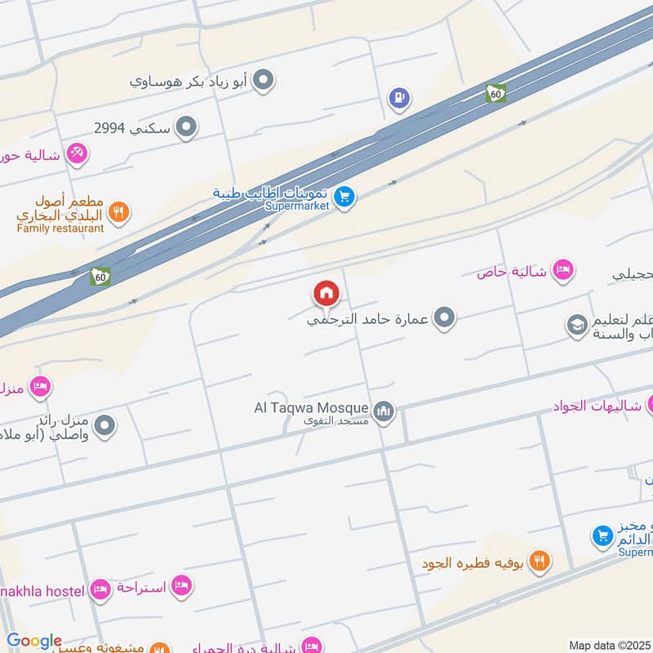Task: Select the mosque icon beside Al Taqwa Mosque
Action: pyautogui.click(x=384, y=411)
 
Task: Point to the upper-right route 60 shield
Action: pyautogui.click(x=495, y=93)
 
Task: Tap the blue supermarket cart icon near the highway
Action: pyautogui.click(x=344, y=198)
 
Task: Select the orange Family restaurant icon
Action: pyautogui.click(x=119, y=212)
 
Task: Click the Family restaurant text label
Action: pyautogui.click(x=60, y=229)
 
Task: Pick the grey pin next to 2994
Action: pyautogui.click(x=187, y=127)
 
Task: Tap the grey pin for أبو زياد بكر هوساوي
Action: pyautogui.click(x=263, y=81)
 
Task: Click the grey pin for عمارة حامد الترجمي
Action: pyautogui.click(x=444, y=318)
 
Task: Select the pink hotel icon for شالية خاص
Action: pyautogui.click(x=562, y=269)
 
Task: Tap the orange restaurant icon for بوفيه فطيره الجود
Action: pyautogui.click(x=540, y=561)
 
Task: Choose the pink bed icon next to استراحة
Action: pyautogui.click(x=182, y=586)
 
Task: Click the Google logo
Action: pyautogui.click(x=34, y=642)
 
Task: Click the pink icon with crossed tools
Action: pyautogui.click(x=77, y=153)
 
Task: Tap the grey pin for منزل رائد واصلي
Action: pyautogui.click(x=105, y=425)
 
